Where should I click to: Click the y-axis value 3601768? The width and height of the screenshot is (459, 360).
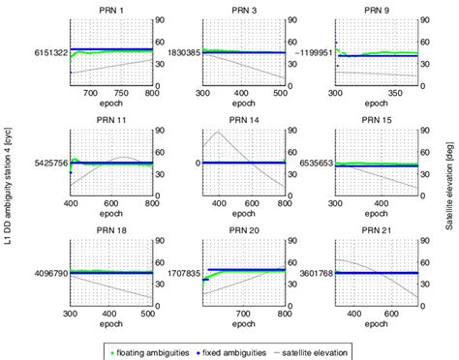pyautogui.click(x=314, y=274)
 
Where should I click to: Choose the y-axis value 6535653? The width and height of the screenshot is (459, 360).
pyautogui.click(x=314, y=164)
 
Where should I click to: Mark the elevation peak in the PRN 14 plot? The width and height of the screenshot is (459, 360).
pyautogui.click(x=220, y=132)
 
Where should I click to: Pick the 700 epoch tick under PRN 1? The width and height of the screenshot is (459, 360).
pyautogui.click(x=91, y=95)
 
